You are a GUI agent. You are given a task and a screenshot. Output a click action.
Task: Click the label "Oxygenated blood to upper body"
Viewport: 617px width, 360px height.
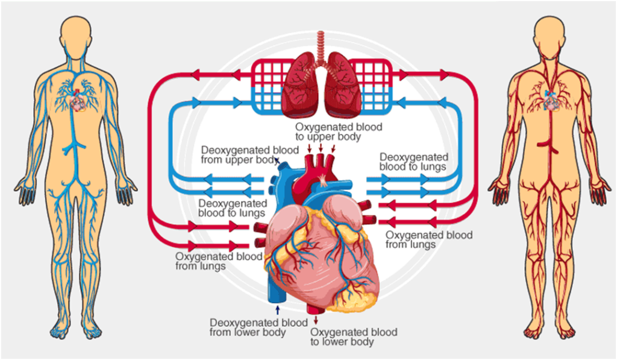339,132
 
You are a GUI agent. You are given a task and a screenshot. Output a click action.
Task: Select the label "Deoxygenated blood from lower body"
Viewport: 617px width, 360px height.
258,327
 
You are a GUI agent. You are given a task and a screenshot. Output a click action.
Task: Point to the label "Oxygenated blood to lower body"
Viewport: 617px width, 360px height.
354,336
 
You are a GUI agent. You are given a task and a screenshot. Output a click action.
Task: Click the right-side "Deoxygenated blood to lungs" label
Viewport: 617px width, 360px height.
413,162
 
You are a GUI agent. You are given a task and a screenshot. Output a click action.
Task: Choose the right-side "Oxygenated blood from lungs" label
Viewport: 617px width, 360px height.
429,239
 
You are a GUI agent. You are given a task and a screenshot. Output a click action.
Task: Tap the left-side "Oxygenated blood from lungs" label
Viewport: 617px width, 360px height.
219,261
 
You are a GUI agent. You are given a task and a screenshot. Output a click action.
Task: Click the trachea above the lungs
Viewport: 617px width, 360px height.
321,46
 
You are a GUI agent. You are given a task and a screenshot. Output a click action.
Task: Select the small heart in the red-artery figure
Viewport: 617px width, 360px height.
551,101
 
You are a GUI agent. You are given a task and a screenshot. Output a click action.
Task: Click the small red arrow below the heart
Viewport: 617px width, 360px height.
316,320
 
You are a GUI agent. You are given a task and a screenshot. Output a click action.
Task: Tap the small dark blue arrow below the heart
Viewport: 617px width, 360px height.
278,309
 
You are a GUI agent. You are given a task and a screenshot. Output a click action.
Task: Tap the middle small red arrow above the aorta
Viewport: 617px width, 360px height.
321,148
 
